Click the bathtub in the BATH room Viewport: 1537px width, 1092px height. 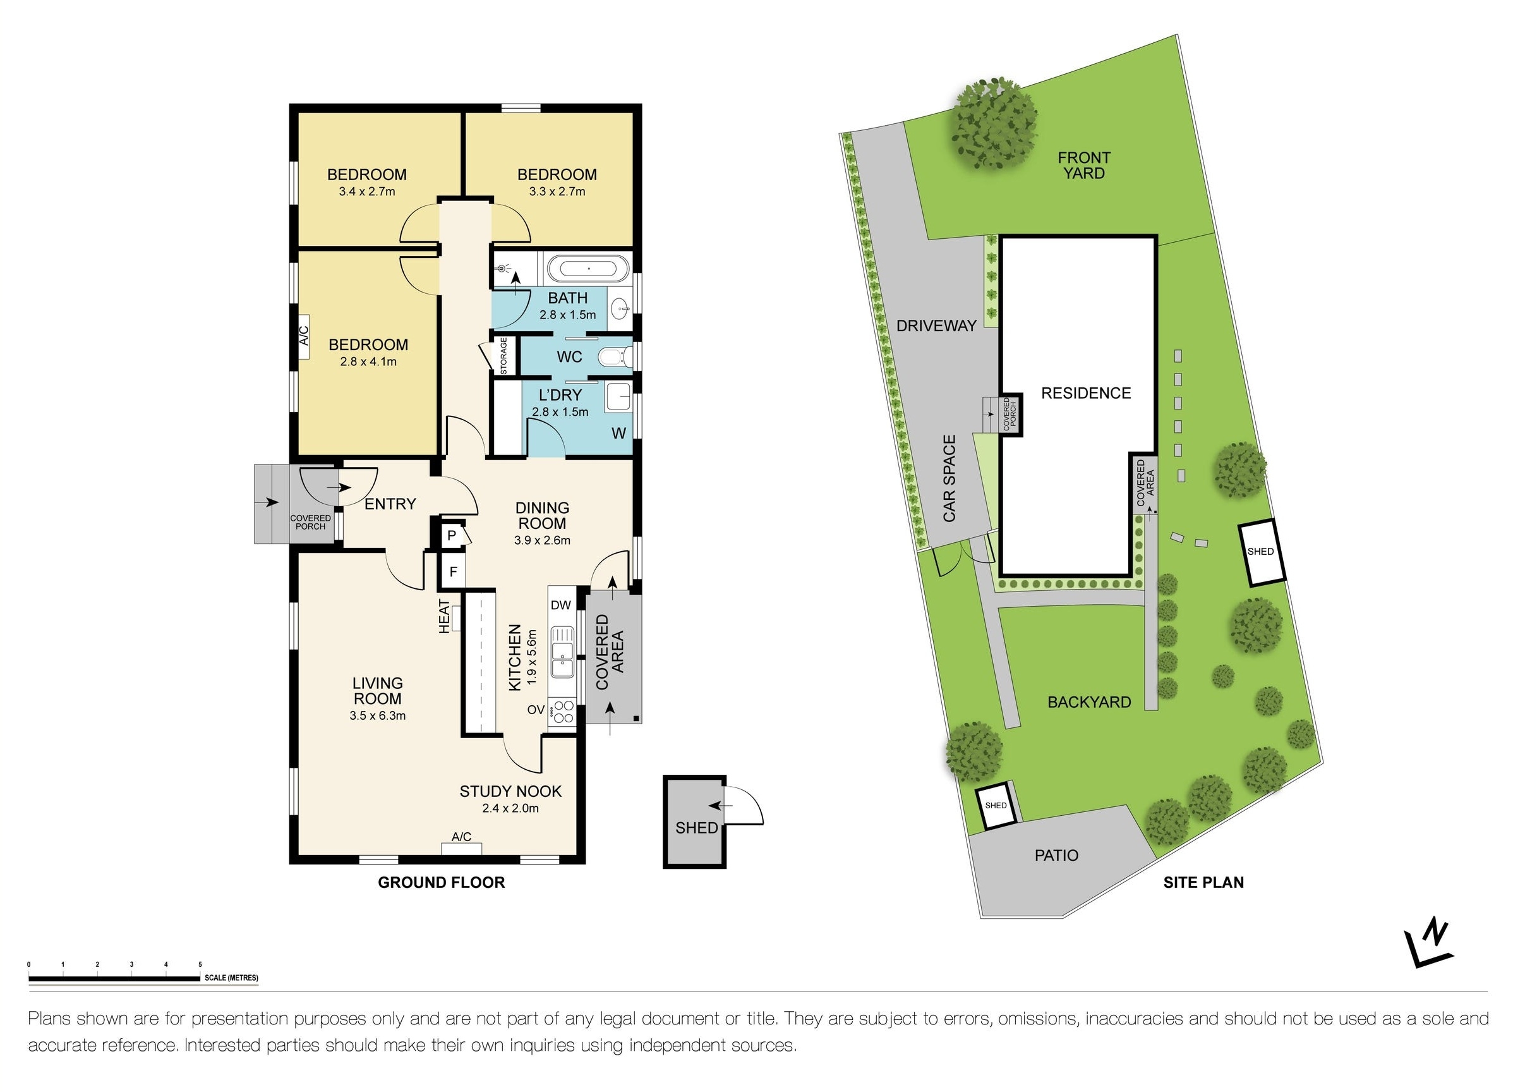589,269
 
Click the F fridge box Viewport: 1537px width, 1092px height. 453,572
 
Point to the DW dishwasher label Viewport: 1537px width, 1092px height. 560,605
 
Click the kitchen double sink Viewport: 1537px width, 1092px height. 561,651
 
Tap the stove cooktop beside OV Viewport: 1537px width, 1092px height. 562,712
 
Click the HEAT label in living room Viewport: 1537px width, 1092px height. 444,616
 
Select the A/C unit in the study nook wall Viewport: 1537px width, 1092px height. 461,849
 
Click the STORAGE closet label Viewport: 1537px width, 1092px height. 504,356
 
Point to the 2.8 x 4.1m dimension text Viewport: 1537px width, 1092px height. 368,361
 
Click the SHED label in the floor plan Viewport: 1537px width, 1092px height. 696,828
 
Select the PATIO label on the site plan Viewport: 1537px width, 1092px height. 1056,855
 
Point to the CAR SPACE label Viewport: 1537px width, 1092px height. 949,478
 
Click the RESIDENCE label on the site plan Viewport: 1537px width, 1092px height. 1086,393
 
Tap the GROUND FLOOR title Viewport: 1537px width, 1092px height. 441,882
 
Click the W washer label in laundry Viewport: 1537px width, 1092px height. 618,434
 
